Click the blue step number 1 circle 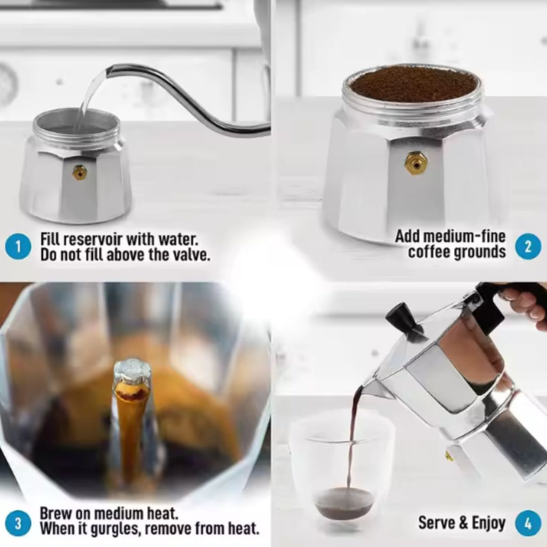tap(18, 247)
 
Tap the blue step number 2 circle tap(528, 246)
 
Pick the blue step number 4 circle tap(528, 523)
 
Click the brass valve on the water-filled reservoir tap(80, 172)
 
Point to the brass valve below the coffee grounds tap(415, 163)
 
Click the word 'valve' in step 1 tap(190, 254)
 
